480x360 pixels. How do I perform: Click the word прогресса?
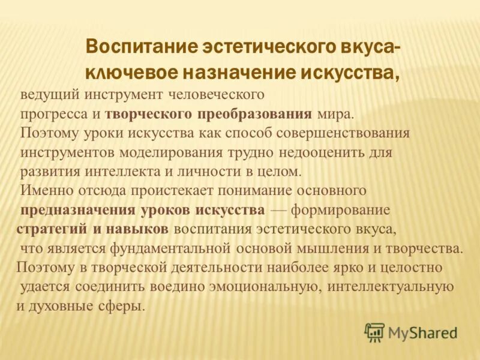point(52,114)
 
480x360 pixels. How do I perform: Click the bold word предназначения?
point(79,210)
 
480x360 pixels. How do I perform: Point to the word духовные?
point(63,305)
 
